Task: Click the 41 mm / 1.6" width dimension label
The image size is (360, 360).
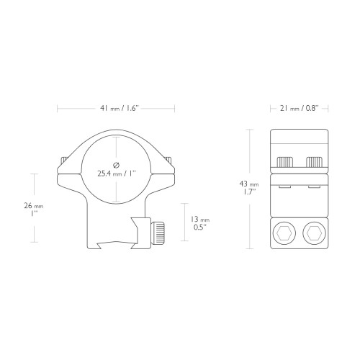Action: coord(120,109)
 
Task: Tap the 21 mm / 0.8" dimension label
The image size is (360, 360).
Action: coord(299,109)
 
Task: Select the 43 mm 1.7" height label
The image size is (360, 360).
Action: coord(249,188)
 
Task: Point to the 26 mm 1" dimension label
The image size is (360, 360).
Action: coord(34,210)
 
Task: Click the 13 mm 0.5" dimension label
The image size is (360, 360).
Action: coord(200,223)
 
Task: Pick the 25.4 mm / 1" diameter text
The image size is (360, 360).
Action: coord(117,174)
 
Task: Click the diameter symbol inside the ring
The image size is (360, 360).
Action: coord(116,165)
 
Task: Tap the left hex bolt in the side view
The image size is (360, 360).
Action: coord(284,233)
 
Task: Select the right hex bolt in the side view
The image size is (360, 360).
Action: coord(315,233)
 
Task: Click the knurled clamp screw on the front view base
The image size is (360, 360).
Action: coord(158,233)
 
